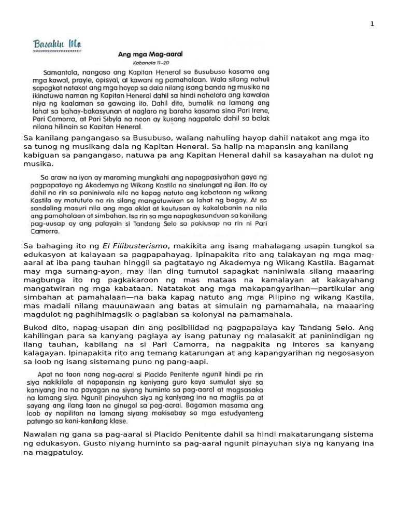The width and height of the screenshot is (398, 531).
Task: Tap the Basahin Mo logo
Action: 58,43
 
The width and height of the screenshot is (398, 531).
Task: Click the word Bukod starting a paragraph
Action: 35,328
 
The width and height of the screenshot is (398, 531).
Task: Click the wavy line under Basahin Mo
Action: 58,52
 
